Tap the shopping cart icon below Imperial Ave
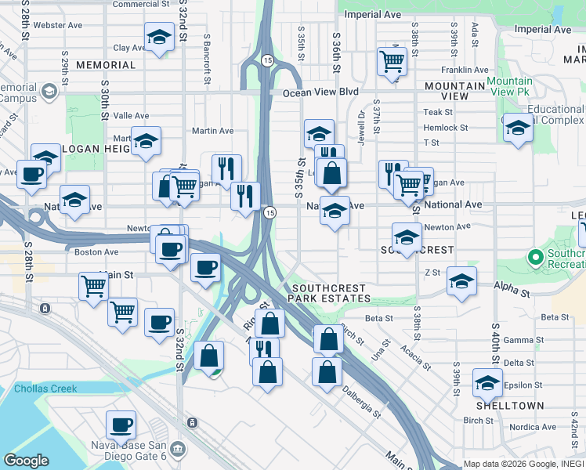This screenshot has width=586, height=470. (x=391, y=60)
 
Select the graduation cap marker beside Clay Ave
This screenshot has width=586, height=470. (x=159, y=36)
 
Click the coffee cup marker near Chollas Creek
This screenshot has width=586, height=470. (x=121, y=425)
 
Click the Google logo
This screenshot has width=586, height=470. (x=26, y=461)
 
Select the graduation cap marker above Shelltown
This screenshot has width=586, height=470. (x=488, y=384)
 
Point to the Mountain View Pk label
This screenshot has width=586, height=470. (x=509, y=88)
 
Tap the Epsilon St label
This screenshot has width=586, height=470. (x=519, y=385)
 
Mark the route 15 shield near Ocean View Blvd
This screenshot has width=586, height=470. (x=267, y=60)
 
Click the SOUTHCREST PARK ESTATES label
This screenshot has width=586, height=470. (x=327, y=293)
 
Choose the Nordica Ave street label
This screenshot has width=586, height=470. (x=532, y=427)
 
